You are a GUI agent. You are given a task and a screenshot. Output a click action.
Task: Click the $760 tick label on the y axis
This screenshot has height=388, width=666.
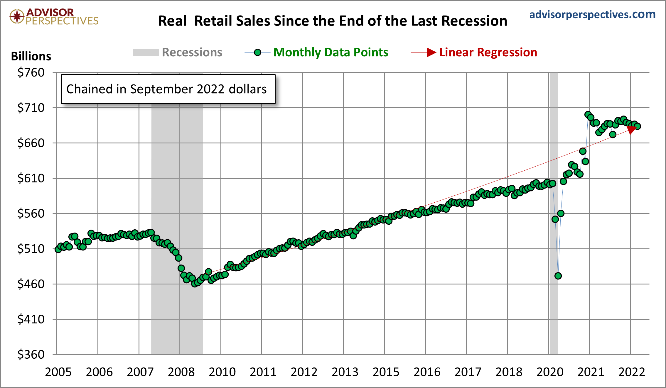click(31, 72)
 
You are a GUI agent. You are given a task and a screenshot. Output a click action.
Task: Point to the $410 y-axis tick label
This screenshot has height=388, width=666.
click(31, 319)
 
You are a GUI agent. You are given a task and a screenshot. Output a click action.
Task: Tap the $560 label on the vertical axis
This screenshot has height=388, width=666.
click(31, 214)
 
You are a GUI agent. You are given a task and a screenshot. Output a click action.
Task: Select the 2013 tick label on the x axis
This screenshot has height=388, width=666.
click(345, 372)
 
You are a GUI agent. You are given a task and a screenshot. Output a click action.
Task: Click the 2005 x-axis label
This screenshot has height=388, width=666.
click(58, 372)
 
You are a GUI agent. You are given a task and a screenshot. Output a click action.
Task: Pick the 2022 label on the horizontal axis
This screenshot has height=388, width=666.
click(632, 372)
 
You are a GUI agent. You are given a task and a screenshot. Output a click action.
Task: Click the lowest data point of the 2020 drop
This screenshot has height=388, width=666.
click(558, 276)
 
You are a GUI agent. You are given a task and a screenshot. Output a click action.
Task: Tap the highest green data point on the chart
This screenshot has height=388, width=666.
click(588, 114)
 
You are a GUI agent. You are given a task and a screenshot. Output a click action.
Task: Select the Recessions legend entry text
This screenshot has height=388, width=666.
click(192, 52)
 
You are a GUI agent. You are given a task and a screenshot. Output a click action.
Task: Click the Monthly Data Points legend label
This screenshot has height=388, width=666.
click(331, 52)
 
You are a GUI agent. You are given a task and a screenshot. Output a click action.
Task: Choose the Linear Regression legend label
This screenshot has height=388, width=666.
click(488, 52)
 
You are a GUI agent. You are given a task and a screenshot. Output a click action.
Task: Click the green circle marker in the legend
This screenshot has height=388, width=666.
click(257, 52)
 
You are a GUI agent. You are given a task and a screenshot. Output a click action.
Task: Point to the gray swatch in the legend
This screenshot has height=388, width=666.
click(146, 52)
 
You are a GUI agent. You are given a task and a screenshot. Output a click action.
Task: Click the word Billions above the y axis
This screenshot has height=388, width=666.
click(31, 56)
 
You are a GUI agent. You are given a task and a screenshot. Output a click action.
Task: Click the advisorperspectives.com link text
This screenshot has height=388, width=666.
click(592, 14)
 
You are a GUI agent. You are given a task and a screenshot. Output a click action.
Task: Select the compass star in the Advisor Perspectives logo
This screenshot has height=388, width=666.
click(17, 16)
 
